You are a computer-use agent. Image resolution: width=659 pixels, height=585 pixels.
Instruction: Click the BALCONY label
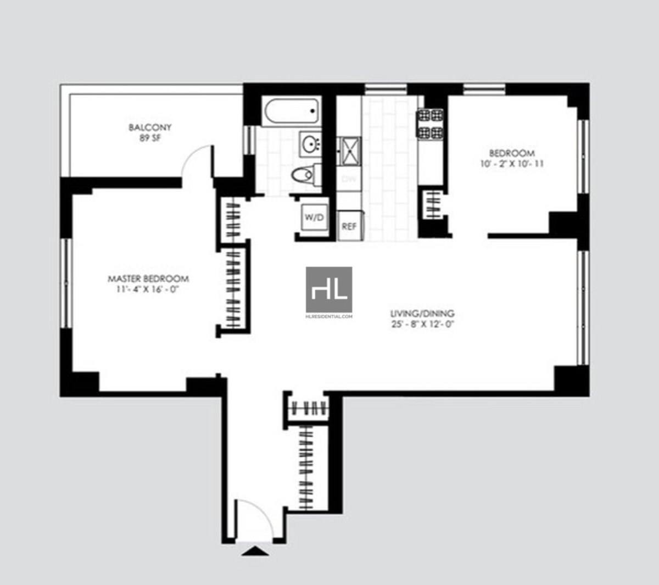(150, 127)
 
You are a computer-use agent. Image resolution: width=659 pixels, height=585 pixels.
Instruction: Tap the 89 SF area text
(150, 138)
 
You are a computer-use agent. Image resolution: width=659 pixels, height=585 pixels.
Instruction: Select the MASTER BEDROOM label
(148, 278)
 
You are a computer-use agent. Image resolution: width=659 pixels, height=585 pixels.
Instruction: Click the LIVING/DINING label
(422, 314)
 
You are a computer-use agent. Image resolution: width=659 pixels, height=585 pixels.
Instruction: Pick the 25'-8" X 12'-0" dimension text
(422, 324)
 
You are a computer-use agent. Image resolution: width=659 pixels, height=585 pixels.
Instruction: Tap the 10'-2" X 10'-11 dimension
(511, 164)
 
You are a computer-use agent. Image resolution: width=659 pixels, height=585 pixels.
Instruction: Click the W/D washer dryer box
(314, 218)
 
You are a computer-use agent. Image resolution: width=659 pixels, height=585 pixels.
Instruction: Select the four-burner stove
(431, 124)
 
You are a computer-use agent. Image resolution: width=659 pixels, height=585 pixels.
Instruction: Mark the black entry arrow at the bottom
(255, 551)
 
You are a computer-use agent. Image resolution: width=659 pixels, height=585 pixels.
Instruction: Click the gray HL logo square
(329, 289)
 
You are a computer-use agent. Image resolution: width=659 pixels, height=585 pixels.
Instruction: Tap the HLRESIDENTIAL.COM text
(329, 316)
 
